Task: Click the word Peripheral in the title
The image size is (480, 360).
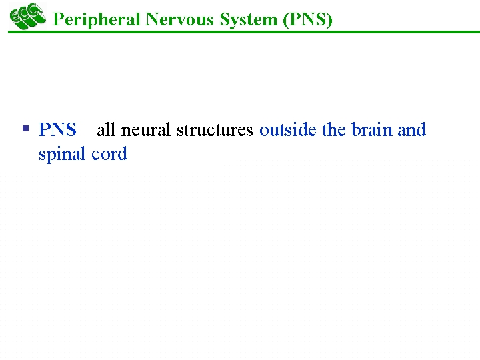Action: click(x=96, y=19)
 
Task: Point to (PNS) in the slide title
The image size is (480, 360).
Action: click(x=307, y=19)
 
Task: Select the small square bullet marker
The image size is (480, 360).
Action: click(x=25, y=127)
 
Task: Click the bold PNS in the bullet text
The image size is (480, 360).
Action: click(x=57, y=129)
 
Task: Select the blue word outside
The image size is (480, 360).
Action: click(x=288, y=129)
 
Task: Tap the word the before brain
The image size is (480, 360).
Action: click(x=334, y=129)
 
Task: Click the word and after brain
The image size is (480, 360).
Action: click(x=411, y=129)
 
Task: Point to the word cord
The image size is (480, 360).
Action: click(x=109, y=154)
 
